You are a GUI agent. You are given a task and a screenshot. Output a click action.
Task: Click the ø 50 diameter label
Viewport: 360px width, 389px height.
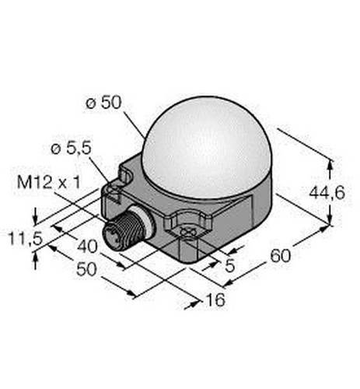point(103,103)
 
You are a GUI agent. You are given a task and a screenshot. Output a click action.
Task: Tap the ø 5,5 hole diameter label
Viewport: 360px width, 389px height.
point(72,149)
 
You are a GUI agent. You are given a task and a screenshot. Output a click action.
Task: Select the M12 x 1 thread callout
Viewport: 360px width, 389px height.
point(49,182)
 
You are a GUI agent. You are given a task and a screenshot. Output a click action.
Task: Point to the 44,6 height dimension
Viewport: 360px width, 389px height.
point(327,193)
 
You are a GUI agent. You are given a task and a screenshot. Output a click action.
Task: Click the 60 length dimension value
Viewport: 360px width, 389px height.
point(281,256)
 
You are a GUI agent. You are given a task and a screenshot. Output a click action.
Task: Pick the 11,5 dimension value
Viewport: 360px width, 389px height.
point(26,239)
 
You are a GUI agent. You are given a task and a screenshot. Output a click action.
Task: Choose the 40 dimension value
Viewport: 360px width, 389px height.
point(87,247)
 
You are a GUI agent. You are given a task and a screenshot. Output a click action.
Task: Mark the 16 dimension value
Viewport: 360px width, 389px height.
point(215,300)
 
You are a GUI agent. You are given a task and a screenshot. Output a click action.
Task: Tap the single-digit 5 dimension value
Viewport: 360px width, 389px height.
point(230,265)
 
